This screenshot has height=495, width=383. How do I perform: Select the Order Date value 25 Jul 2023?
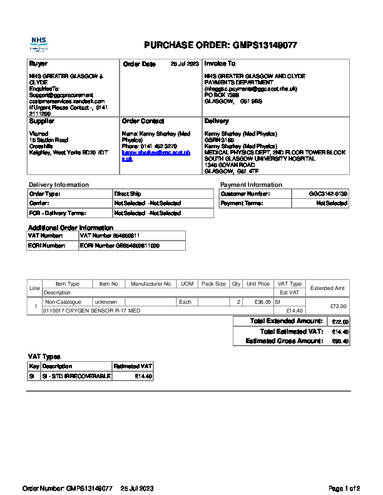pyautogui.click(x=185, y=64)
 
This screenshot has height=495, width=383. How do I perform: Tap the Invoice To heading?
pyautogui.click(x=220, y=64)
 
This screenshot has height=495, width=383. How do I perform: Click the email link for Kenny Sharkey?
pyautogui.click(x=156, y=156)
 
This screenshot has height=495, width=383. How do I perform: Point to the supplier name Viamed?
pyautogui.click(x=38, y=134)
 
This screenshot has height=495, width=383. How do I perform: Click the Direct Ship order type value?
pyautogui.click(x=128, y=194)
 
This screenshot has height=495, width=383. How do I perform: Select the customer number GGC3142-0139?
pyautogui.click(x=328, y=194)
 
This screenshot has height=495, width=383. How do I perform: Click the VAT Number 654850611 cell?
pyautogui.click(x=110, y=236)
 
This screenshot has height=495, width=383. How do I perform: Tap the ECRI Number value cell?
pyautogui.click(x=120, y=246)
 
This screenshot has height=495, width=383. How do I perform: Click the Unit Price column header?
pyautogui.click(x=258, y=284)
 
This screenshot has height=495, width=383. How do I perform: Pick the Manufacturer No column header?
pyautogui.click(x=150, y=284)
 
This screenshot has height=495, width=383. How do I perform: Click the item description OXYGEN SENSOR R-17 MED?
pyautogui.click(x=91, y=310)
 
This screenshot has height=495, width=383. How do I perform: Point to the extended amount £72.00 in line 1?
pyautogui.click(x=338, y=306)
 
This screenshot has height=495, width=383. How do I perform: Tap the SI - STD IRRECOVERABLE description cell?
pyautogui.click(x=76, y=376)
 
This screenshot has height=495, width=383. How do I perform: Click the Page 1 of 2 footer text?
pyautogui.click(x=344, y=487)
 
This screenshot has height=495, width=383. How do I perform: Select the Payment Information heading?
pyautogui.click(x=251, y=185)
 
